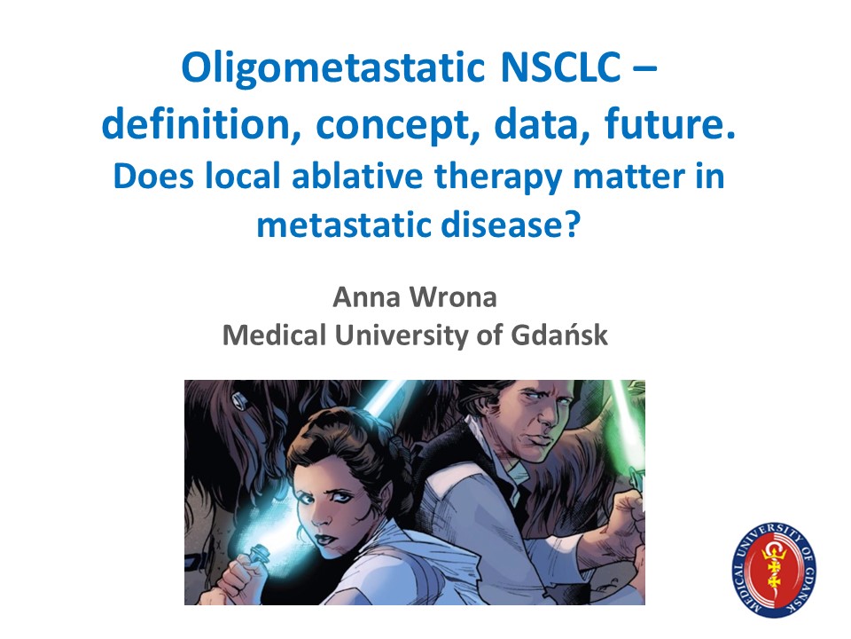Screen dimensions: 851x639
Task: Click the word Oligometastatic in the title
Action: tap(333, 69)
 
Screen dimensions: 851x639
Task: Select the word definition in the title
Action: tap(201, 124)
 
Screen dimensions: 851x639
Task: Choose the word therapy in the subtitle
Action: tap(498, 179)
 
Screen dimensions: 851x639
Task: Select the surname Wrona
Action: tap(453, 297)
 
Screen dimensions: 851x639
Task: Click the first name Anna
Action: tap(366, 297)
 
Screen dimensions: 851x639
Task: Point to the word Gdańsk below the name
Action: tap(559, 335)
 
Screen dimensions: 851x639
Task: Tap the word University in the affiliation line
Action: tap(401, 336)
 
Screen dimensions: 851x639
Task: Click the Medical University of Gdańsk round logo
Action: tap(774, 570)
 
